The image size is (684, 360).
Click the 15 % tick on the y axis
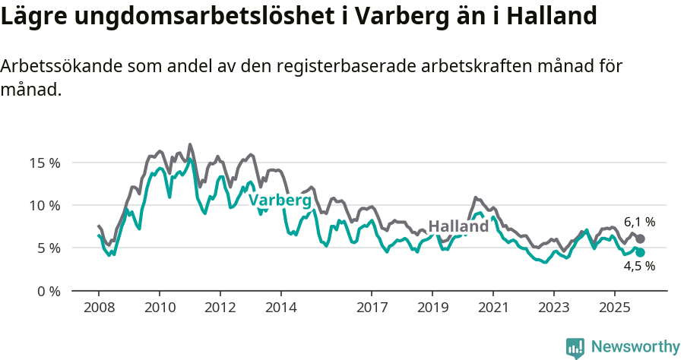(44, 163)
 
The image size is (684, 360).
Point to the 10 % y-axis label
(44, 205)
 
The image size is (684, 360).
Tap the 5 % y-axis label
(47, 248)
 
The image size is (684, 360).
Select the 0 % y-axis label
(47, 291)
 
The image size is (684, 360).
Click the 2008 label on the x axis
(98, 308)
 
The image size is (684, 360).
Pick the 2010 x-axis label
(159, 308)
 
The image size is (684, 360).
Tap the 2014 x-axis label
(280, 308)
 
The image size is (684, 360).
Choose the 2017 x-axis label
(371, 308)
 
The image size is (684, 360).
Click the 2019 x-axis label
(432, 308)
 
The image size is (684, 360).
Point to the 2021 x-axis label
(492, 308)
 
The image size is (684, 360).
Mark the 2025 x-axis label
(613, 308)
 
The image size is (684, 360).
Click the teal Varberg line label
(280, 201)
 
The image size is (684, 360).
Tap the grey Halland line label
(458, 226)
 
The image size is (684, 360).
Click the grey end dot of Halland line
(640, 238)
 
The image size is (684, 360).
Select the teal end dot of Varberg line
(640, 252)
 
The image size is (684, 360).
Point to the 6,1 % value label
(639, 223)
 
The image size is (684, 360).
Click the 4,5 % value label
(639, 267)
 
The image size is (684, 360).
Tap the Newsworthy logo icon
(575, 348)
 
